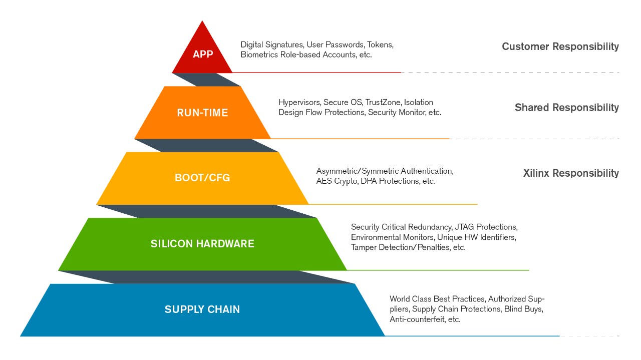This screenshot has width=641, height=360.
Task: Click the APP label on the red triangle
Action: coord(203,54)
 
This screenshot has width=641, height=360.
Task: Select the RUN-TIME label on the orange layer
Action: coord(202,113)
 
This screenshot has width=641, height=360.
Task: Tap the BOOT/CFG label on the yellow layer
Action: coord(202,178)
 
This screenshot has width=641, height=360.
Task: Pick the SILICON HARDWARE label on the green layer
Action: coord(202,244)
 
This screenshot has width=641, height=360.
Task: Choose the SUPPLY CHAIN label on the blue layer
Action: coord(202,309)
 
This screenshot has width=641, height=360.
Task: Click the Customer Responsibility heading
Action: coord(560,47)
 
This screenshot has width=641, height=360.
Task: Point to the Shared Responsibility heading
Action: coord(566,108)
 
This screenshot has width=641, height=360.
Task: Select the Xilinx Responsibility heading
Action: coord(570,173)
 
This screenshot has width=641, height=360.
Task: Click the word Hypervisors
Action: coord(299,103)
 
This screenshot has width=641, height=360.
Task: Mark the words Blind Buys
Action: coord(523,309)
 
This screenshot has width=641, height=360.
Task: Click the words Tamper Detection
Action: coord(383,247)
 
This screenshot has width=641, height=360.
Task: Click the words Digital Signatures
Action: coord(272,45)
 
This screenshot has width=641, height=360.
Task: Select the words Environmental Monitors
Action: coord(393,237)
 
